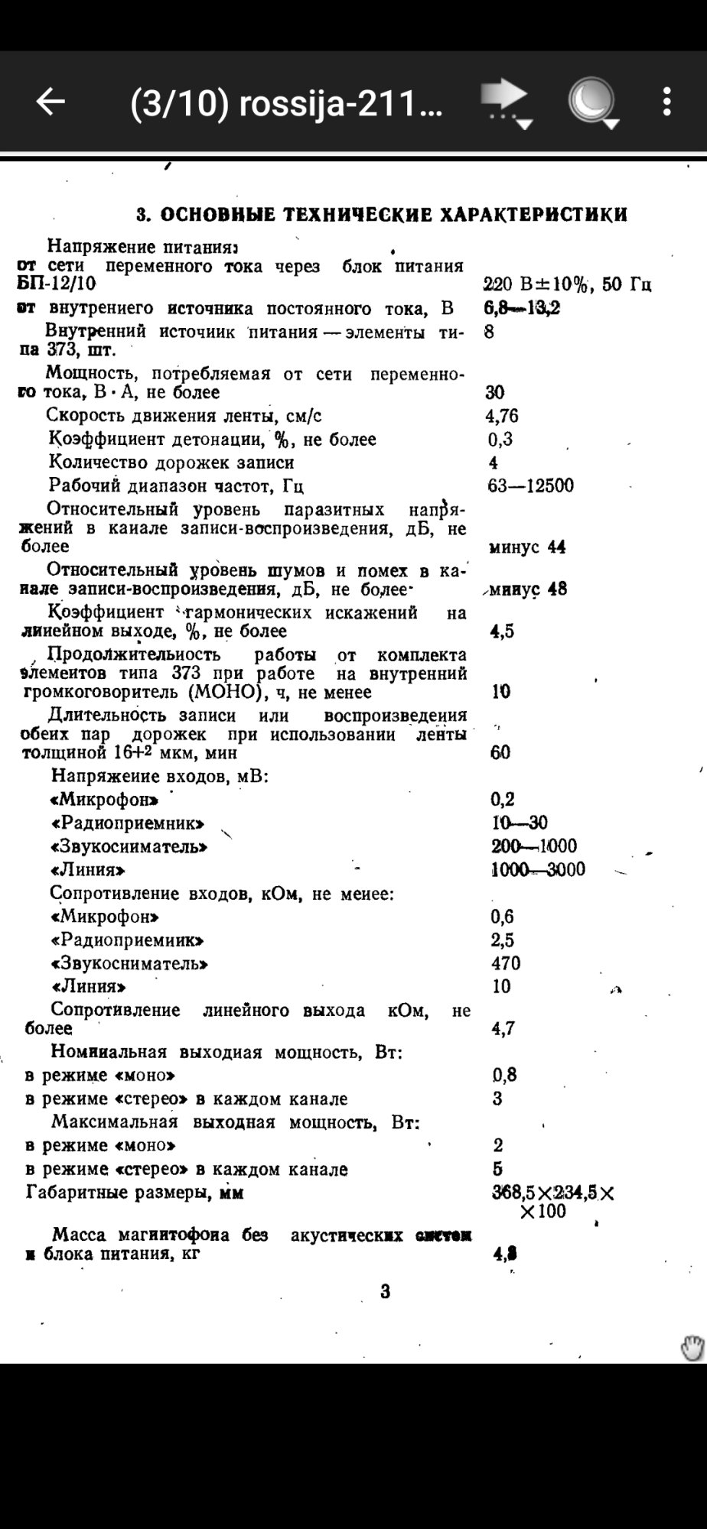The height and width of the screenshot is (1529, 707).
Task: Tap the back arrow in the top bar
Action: pyautogui.click(x=50, y=101)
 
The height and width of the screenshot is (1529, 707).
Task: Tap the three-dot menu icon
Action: pyautogui.click(x=667, y=102)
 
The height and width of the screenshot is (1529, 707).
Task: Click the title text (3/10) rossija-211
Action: pyautogui.click(x=286, y=102)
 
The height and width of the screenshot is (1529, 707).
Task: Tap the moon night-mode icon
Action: pyautogui.click(x=591, y=102)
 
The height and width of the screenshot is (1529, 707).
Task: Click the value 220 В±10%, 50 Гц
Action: pyautogui.click(x=567, y=285)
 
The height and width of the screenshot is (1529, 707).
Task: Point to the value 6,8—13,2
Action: pyautogui.click(x=522, y=308)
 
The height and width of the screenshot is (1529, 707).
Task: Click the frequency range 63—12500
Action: pyautogui.click(x=530, y=485)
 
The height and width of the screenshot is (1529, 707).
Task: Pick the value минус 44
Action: pyautogui.click(x=527, y=547)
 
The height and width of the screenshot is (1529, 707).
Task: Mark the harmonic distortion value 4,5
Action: pyautogui.click(x=502, y=631)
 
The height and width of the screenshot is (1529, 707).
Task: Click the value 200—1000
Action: pyautogui.click(x=534, y=846)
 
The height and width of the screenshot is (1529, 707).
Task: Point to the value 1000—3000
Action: pyautogui.click(x=538, y=869)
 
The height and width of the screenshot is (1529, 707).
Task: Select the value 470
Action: pyautogui.click(x=506, y=963)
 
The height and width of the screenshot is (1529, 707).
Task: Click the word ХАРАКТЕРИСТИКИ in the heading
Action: pyautogui.click(x=534, y=215)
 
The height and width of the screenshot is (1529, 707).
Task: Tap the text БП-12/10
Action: pyautogui.click(x=57, y=284)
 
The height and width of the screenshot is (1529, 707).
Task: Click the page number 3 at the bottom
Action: pyautogui.click(x=386, y=1292)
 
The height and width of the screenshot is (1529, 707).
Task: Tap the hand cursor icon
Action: pyautogui.click(x=692, y=1349)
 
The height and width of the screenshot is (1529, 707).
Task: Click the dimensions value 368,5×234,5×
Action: pyautogui.click(x=552, y=1193)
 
